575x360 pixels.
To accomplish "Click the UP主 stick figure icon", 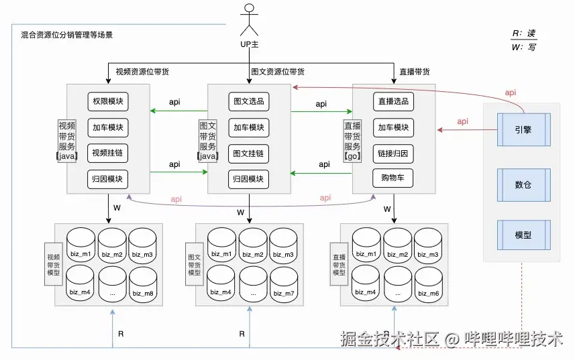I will (250, 19).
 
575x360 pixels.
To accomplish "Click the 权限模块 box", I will (107, 102).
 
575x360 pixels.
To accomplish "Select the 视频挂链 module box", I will (107, 154).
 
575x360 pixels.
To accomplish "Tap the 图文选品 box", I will (248, 102).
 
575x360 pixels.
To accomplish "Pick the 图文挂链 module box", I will (248, 154).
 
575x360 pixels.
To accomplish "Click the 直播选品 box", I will (393, 102).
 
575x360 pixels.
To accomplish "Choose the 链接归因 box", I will (393, 154).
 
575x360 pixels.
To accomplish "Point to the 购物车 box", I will (393, 178).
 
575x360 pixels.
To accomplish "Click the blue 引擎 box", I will (523, 130).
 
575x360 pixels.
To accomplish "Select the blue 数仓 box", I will (523, 184).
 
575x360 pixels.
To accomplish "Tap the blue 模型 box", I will (523, 235).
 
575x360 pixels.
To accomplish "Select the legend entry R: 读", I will (524, 34).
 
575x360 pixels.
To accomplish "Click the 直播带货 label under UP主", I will (414, 72).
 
